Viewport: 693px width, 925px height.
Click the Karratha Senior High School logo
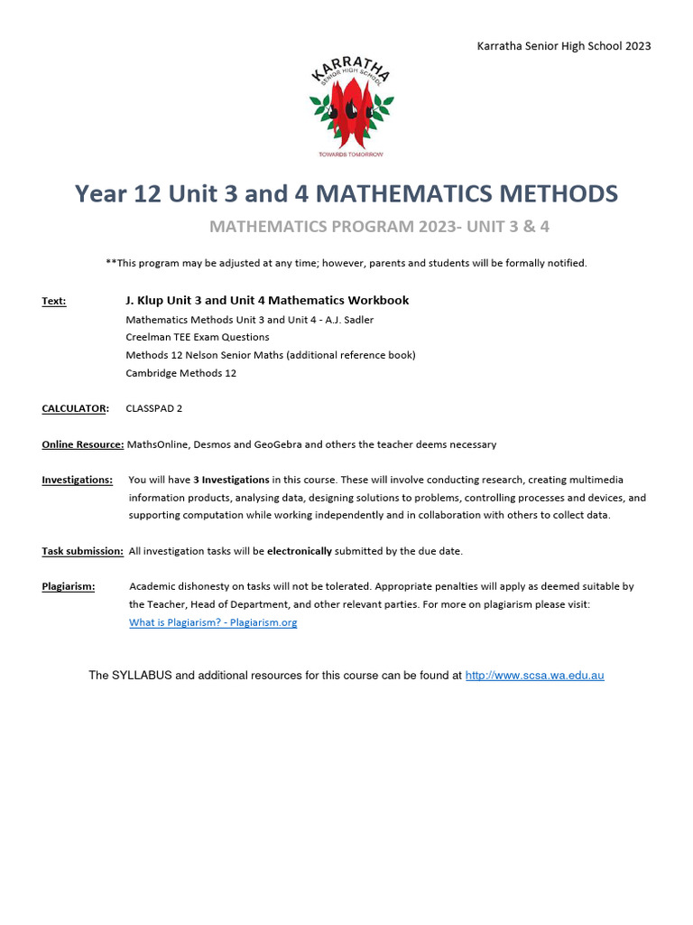352,107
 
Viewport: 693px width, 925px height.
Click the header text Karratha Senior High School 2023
564,46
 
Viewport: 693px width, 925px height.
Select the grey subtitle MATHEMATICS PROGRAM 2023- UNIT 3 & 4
379,227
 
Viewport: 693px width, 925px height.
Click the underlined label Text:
53,301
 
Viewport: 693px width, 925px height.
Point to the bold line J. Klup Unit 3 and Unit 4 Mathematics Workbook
267,301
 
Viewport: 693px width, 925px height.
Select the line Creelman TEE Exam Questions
198,337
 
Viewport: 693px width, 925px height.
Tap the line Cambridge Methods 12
180,373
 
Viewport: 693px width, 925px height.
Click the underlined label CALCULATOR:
75,408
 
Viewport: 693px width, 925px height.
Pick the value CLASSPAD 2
154,408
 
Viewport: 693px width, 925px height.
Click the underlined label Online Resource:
82,444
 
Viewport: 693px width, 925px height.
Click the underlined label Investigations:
77,480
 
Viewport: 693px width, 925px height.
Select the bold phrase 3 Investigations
231,480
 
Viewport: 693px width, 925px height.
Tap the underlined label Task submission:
82,551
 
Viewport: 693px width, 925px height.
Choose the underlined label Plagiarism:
68,586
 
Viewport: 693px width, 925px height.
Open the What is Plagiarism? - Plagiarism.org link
213,622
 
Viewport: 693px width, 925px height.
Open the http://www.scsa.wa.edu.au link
534,676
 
